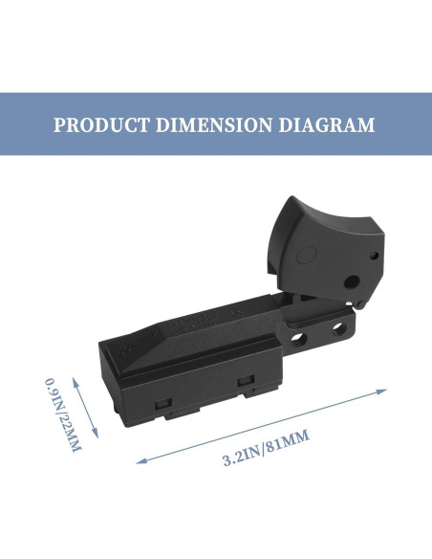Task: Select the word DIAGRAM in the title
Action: [327, 124]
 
